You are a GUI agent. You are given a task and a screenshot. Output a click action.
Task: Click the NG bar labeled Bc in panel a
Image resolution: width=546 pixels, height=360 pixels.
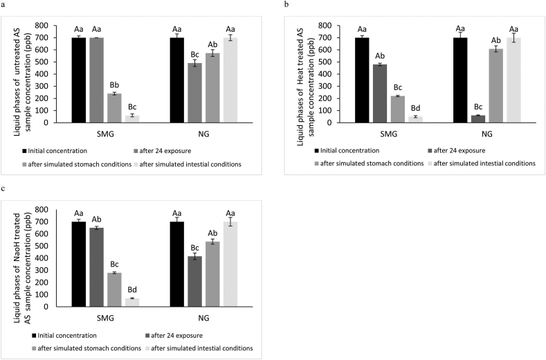(x=195, y=93)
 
